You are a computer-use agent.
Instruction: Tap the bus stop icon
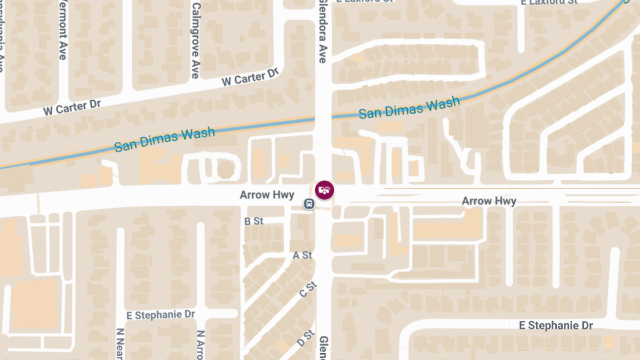pyautogui.click(x=309, y=203)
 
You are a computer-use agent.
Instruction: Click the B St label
pyautogui.click(x=254, y=221)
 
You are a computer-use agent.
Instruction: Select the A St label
pyautogui.click(x=302, y=255)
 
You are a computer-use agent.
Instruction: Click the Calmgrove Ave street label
pyautogui.click(x=195, y=41)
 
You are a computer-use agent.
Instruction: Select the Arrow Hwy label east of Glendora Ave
pyautogui.click(x=489, y=201)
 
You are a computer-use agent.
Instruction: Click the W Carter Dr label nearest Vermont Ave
pyautogui.click(x=72, y=107)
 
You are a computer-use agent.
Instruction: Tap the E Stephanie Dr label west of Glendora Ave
pyautogui.click(x=161, y=315)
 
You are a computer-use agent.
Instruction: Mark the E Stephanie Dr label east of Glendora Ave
pyautogui.click(x=557, y=325)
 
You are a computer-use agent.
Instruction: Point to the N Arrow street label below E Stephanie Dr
pyautogui.click(x=201, y=345)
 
